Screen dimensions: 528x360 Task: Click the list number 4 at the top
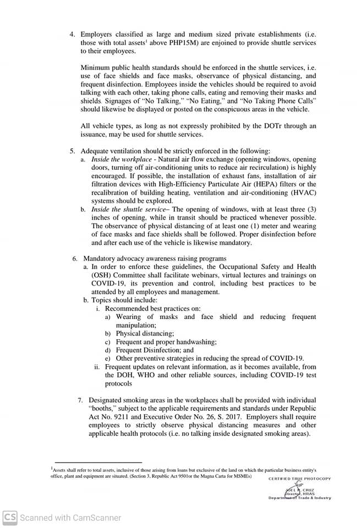72,34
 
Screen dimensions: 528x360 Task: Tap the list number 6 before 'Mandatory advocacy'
75,258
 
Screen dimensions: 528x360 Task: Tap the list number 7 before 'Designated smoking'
80,400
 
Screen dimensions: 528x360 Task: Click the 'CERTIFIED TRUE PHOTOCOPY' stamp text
300,479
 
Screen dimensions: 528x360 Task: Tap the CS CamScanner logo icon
9,517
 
